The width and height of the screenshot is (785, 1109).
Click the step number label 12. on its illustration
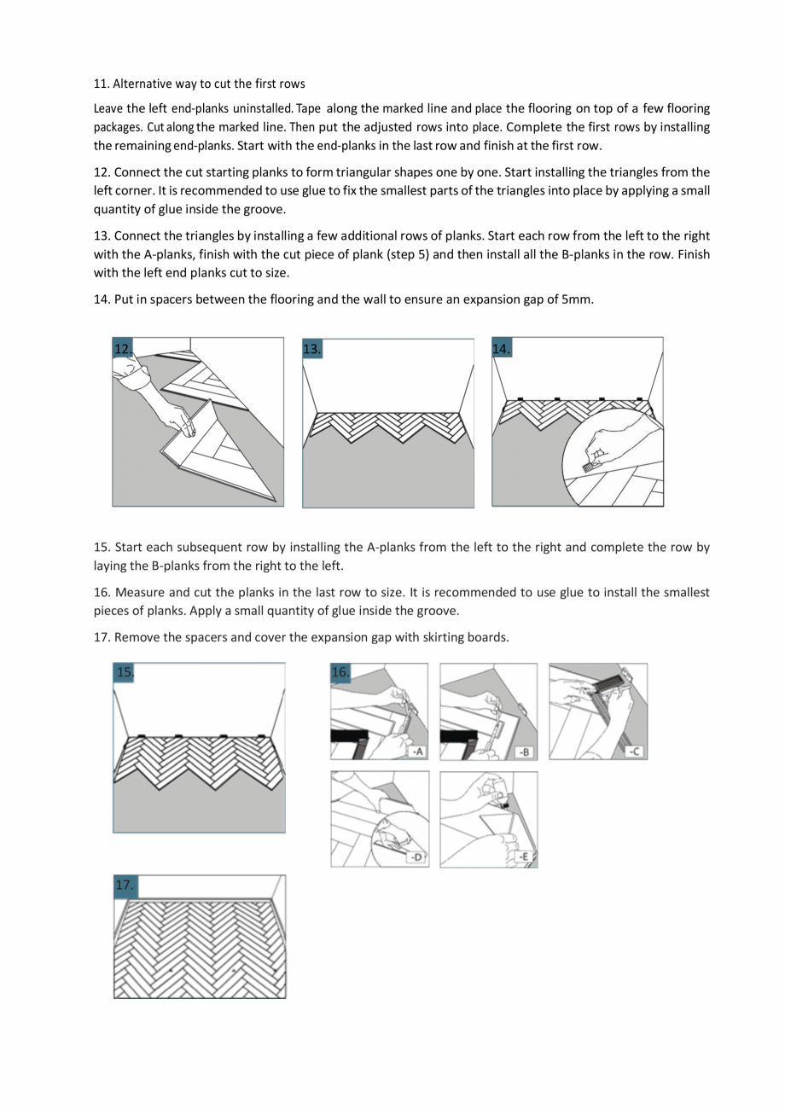[124, 348]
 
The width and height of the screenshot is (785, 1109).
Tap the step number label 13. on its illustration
[312, 348]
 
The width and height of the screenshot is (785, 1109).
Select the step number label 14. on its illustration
[502, 348]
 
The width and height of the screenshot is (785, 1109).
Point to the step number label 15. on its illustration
[125, 672]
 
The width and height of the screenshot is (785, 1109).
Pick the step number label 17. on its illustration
[125, 885]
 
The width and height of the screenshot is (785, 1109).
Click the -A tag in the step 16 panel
[417, 752]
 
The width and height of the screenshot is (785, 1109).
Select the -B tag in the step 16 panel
[526, 752]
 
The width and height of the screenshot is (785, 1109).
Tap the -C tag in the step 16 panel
[635, 752]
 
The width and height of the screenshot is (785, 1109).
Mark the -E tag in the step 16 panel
[526, 857]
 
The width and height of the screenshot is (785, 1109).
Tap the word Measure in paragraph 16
[139, 592]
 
